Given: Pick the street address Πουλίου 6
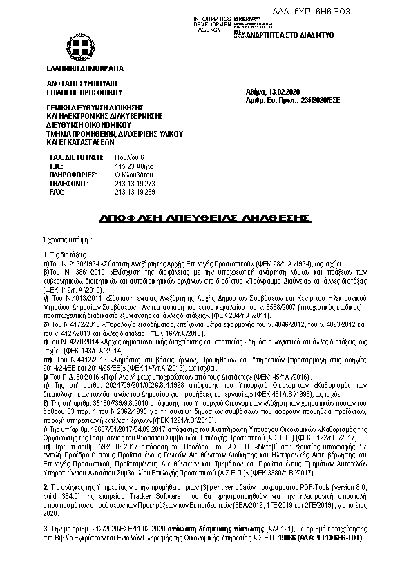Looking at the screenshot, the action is tap(129, 158).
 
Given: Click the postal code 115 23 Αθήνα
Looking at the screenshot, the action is tap(131, 167).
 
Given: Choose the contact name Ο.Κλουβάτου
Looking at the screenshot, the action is tap(133, 175).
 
